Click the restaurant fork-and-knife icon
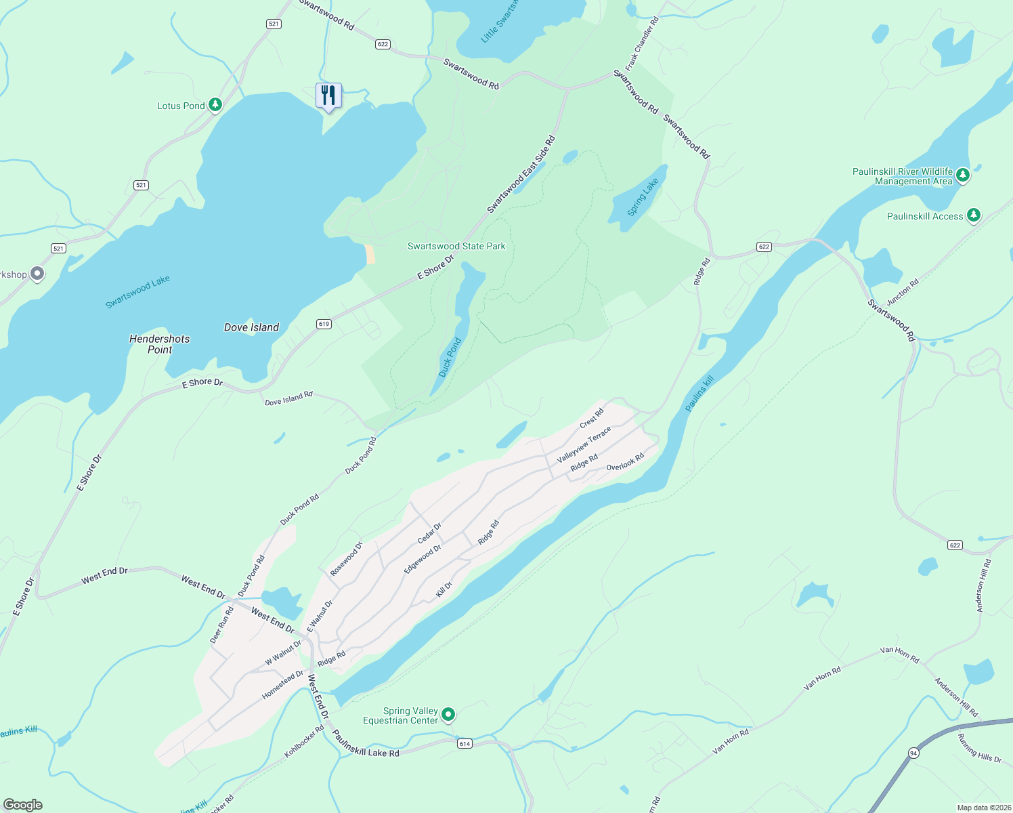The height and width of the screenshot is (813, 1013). pos(328,96)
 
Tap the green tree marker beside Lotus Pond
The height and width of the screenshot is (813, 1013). pos(215,105)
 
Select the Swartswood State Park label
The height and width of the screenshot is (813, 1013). pos(456,246)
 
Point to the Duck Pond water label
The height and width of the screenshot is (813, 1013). pos(450,357)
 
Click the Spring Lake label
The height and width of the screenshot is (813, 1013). pos(642,197)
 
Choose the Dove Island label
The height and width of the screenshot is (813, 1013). pos(251,327)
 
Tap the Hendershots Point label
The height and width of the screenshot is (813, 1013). pos(160,344)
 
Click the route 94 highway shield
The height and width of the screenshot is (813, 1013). pos(913,753)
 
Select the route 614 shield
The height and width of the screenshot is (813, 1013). pos(465,743)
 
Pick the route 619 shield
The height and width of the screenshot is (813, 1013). pos(324,324)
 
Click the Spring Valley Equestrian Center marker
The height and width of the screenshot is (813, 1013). pos(448,715)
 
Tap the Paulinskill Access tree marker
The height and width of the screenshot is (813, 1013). pos(973,215)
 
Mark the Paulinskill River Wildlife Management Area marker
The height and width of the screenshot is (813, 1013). pos(962,175)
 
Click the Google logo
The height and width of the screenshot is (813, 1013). pos(22,805)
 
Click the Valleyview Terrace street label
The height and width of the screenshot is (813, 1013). pos(584,444)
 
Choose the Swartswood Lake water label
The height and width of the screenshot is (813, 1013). pos(137,292)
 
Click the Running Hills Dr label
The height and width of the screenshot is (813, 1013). pos(979,748)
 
